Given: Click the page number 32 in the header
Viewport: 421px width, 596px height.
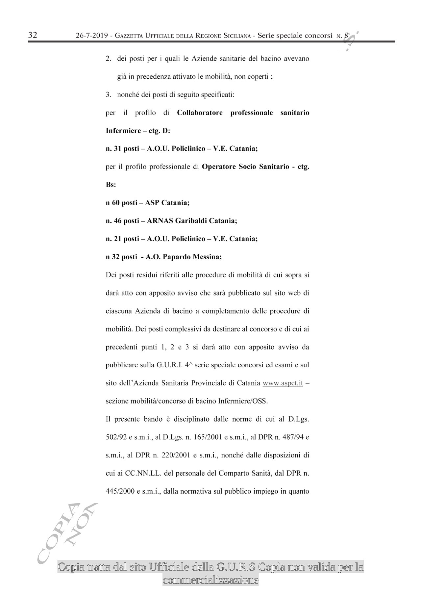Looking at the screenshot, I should (x=33, y=35).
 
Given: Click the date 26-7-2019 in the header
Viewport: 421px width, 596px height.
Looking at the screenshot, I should (x=92, y=36).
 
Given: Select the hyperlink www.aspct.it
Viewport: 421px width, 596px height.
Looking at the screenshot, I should (x=283, y=383).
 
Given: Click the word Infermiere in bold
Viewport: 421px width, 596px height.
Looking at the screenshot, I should (x=122, y=131).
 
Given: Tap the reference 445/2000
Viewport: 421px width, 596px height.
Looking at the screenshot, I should (x=118, y=492).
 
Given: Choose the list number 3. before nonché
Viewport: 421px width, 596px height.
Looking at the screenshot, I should (x=109, y=95).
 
